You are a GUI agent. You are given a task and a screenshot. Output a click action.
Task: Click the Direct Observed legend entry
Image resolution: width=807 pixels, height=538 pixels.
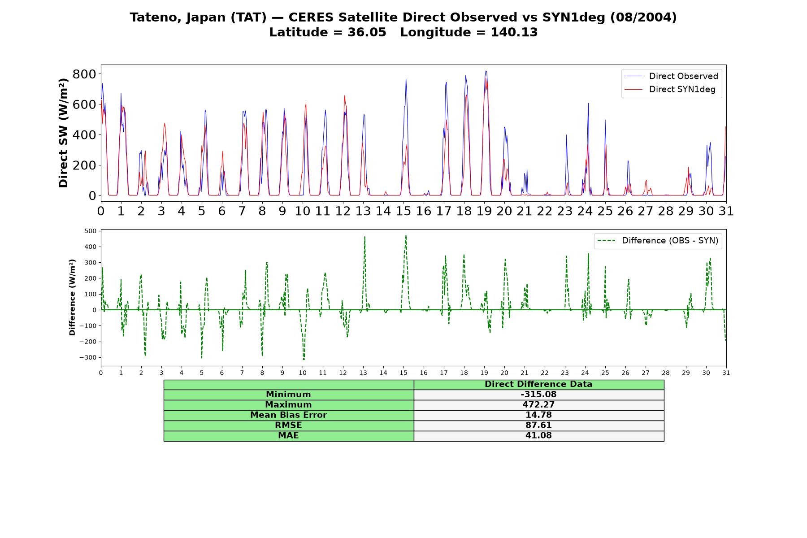point(671,76)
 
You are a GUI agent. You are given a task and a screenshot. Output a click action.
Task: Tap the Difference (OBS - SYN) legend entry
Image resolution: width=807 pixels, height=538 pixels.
point(658,241)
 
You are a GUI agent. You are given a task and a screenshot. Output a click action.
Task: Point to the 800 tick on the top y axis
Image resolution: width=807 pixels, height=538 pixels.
point(84,74)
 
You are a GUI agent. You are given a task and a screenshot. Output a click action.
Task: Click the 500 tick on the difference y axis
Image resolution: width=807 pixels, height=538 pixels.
point(90,231)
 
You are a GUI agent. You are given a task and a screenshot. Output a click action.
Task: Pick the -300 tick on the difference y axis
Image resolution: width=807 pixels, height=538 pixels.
point(88,358)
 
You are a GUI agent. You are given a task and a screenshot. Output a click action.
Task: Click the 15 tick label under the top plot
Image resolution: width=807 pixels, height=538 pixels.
point(403,211)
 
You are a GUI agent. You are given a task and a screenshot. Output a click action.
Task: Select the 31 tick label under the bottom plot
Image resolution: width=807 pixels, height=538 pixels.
point(726,373)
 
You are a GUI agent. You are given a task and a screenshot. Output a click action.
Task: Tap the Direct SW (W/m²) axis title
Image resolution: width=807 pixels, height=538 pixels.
point(64,133)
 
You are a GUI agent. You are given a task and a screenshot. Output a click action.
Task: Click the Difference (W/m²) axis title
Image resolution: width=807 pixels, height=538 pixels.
point(72,297)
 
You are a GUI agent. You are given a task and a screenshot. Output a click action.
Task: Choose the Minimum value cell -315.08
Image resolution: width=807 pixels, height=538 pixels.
point(538,395)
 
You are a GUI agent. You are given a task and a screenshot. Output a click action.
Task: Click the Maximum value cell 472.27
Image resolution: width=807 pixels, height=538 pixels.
point(538,405)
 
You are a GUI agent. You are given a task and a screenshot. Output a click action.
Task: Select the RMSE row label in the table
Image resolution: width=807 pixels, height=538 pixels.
point(288,425)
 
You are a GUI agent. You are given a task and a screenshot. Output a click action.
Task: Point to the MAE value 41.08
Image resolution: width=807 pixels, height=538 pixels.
point(538,436)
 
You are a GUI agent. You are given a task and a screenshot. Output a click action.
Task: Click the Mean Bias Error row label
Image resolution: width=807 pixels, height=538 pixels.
point(288,415)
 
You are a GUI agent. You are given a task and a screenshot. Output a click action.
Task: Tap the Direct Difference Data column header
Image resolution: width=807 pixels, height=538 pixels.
point(538,384)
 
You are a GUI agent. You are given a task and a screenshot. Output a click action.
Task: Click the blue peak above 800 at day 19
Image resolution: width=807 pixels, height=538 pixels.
point(486,71)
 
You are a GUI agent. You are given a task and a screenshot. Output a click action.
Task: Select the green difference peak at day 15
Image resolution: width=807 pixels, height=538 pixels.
point(406,235)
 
